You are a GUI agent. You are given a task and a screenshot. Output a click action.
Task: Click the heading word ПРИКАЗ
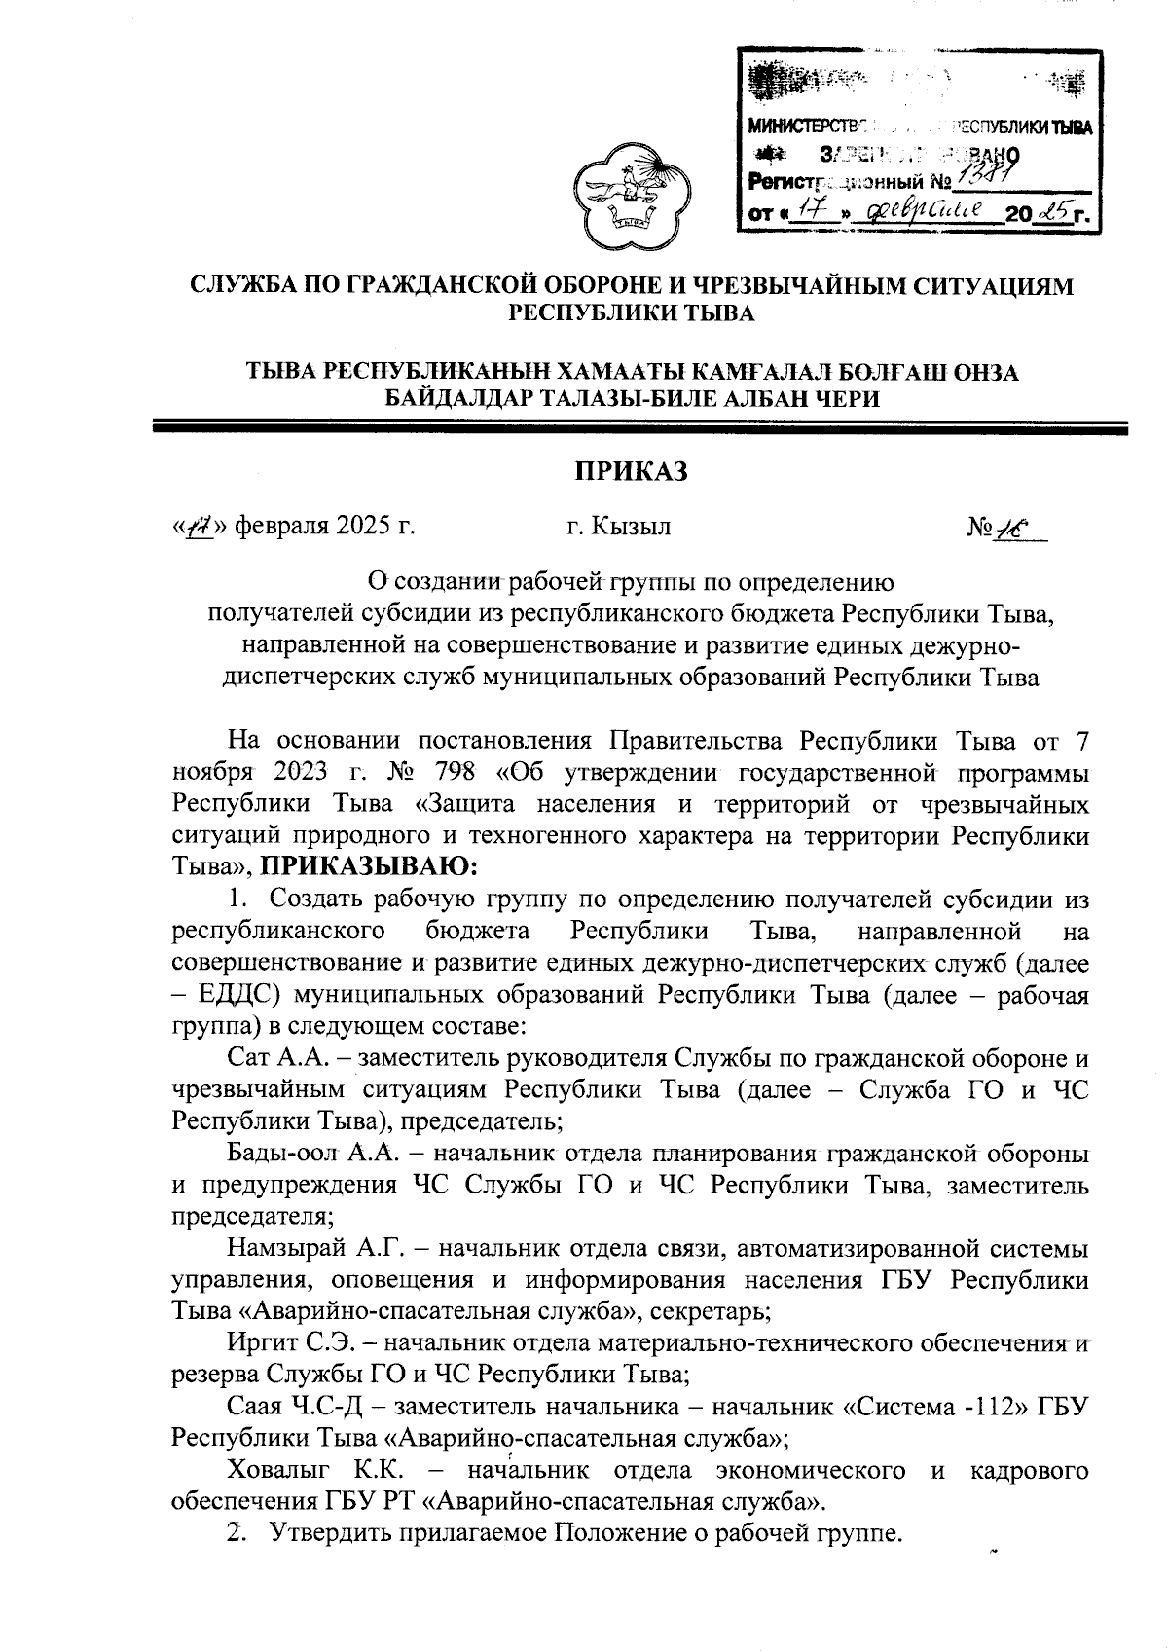click(x=630, y=470)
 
